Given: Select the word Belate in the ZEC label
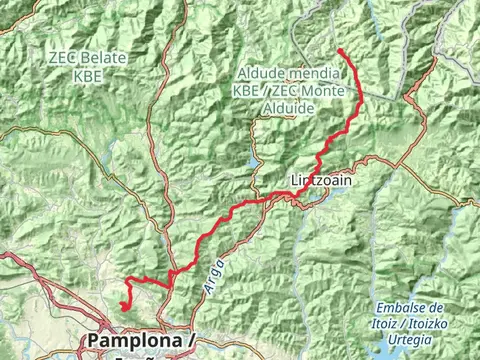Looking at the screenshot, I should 104,58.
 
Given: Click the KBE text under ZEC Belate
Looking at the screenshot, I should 87,74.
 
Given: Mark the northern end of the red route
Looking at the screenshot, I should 341,50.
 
